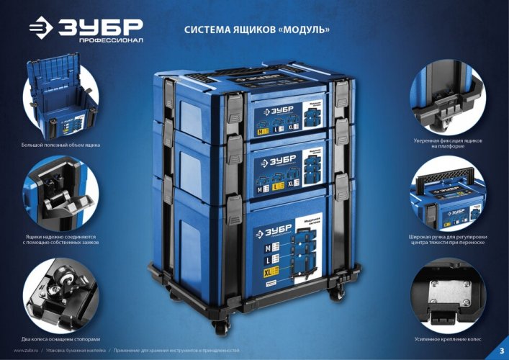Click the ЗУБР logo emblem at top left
pos(41,28)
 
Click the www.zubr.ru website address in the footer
pos(26,350)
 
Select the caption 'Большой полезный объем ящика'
pos(60,145)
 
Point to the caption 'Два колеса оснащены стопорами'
pos(60,338)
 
